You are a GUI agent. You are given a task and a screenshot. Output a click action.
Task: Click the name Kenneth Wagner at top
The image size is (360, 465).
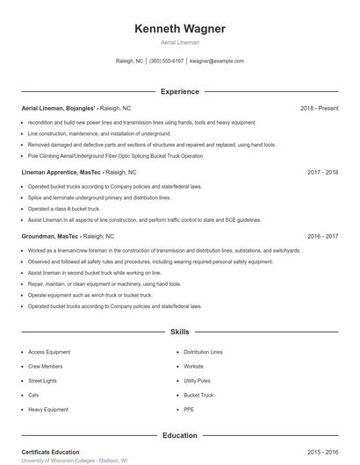180,29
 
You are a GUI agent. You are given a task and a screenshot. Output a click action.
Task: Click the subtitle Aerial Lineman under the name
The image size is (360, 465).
180,42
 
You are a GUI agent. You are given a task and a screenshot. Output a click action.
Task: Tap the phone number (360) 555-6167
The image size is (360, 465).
166,61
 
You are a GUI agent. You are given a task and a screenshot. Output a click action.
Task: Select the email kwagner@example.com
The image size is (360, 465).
217,61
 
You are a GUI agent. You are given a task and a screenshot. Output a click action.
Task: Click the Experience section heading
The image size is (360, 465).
180,91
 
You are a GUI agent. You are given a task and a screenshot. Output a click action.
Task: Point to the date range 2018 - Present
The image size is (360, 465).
319,109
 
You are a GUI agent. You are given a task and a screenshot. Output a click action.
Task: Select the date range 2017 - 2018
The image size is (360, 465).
323,173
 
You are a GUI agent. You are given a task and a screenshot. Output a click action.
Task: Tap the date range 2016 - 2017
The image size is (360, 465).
323,236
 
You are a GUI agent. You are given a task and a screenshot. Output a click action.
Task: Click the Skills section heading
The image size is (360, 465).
180,333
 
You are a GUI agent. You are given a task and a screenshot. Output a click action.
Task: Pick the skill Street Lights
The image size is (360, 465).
41,381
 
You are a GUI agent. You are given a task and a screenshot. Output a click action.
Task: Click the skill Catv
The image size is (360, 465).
34,395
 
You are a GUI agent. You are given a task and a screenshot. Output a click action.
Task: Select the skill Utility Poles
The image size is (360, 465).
198,381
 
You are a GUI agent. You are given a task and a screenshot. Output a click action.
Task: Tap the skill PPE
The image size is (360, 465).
189,409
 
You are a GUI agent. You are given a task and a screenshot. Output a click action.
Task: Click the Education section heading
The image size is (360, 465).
180,435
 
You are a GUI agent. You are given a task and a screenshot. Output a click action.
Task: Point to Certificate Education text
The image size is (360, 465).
50,452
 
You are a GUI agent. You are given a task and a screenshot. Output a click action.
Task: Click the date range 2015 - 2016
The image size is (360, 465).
323,452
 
